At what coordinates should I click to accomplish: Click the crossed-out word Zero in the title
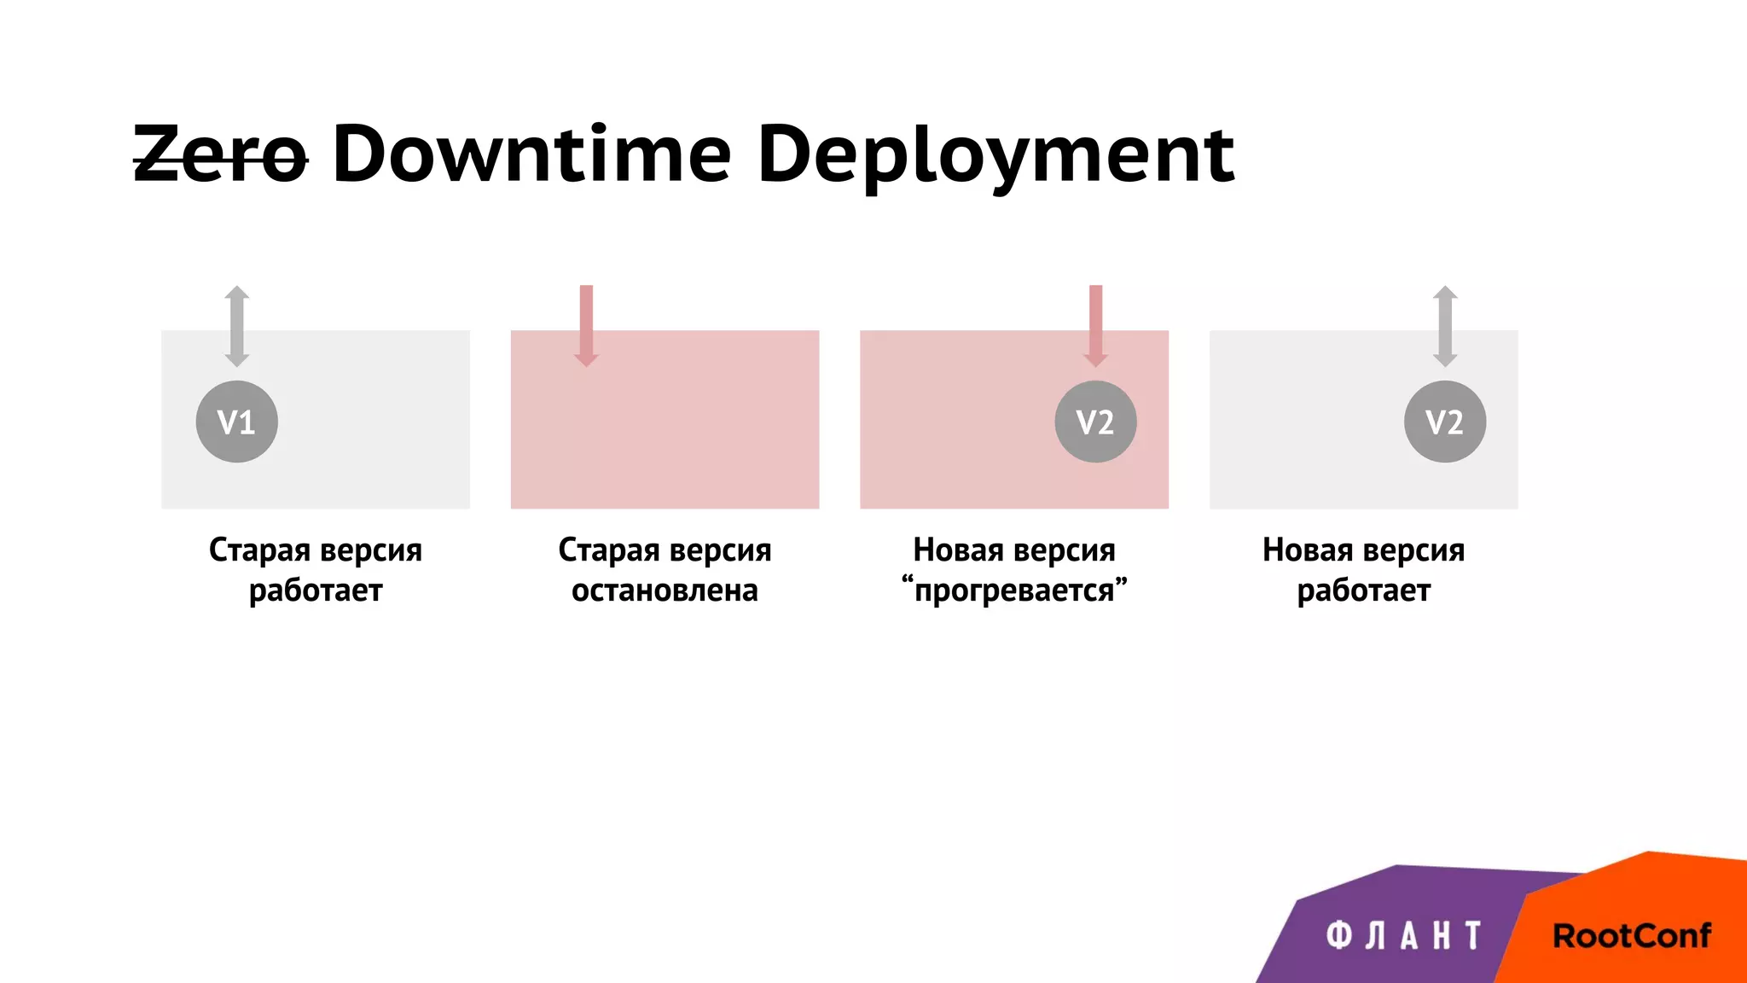(x=220, y=154)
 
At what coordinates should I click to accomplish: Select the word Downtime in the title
(x=531, y=154)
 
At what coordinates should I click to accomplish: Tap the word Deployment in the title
(x=995, y=156)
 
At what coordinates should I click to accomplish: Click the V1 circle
(x=236, y=422)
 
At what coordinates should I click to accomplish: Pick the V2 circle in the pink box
(x=1095, y=422)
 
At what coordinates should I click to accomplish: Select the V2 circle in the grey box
(x=1445, y=422)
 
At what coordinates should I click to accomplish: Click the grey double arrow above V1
(x=237, y=326)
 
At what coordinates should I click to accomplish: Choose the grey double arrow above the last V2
(x=1445, y=326)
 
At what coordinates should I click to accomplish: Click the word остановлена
(x=665, y=590)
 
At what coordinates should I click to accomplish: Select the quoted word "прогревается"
(x=1014, y=590)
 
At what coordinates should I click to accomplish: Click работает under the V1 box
(x=316, y=590)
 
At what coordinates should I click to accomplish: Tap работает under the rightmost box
(x=1363, y=590)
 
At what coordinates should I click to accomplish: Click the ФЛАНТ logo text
(x=1403, y=936)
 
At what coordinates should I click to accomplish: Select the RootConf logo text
(x=1631, y=936)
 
